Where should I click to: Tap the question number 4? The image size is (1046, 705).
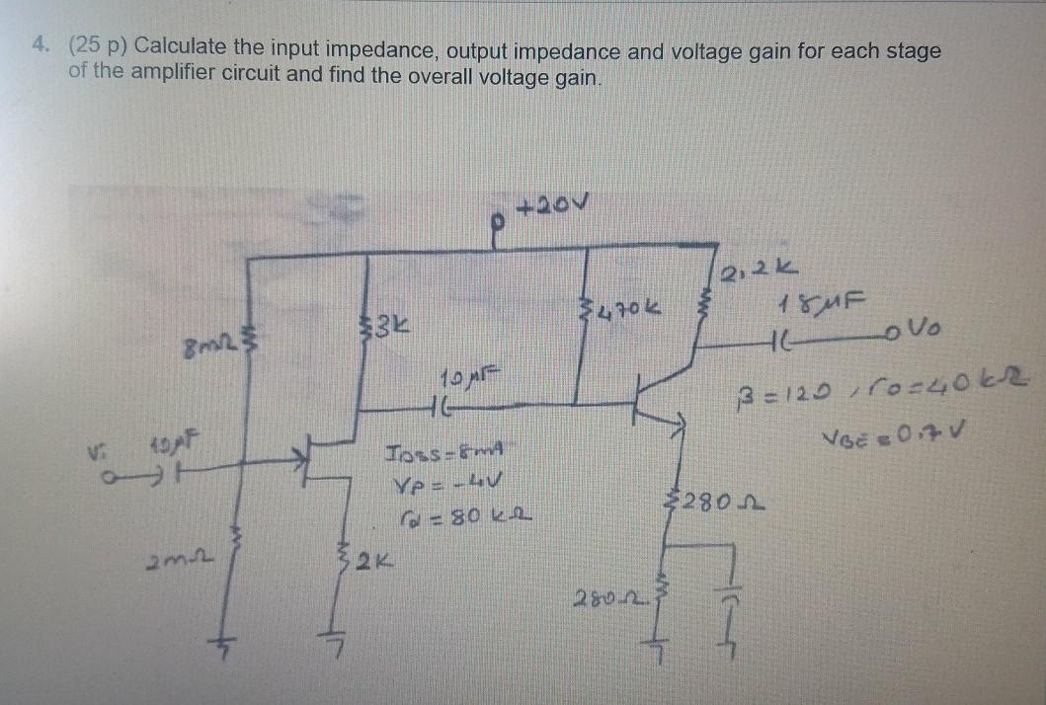coord(39,49)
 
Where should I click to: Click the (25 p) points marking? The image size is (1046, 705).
coord(97,49)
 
